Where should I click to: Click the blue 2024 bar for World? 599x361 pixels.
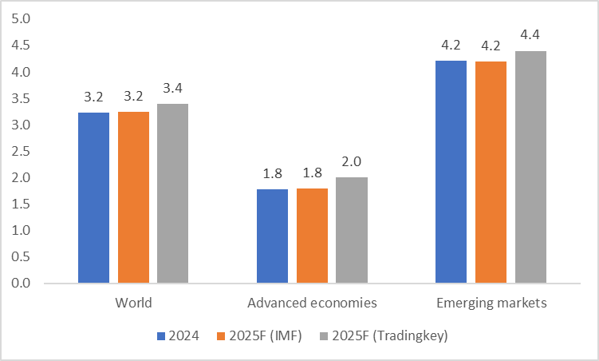coord(93,198)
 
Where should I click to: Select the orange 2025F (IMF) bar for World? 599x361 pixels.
coord(133,197)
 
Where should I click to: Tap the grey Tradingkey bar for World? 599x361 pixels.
coord(172,193)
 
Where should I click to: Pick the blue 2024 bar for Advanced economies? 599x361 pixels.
coord(272,236)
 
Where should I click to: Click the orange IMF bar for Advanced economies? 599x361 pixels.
coord(312,236)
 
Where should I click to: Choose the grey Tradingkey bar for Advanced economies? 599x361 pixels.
coord(352,230)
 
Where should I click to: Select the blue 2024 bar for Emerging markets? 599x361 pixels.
coord(451,172)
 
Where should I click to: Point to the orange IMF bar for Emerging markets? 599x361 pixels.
coord(491,172)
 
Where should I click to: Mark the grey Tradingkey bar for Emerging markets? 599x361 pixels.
coord(530,167)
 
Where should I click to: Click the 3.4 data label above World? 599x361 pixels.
coord(172,88)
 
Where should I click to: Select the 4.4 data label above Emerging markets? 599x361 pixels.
coord(530,35)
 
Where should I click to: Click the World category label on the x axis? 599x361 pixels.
coord(133,303)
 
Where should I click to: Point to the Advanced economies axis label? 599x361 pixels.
coord(312,303)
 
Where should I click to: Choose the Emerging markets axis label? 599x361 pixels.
coord(491,303)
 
